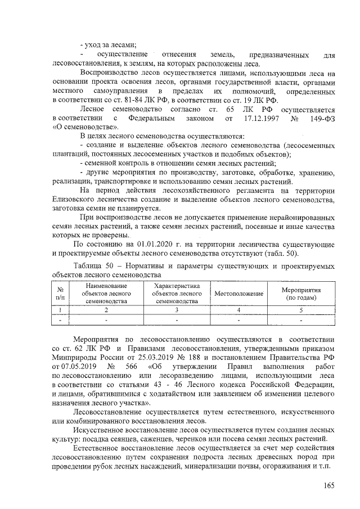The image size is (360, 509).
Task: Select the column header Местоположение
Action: click(x=238, y=294)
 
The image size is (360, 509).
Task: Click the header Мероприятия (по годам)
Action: click(x=301, y=293)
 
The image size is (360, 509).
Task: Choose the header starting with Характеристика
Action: click(x=177, y=294)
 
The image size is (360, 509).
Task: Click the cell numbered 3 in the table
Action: click(x=177, y=309)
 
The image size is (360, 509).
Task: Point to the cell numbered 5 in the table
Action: click(x=301, y=309)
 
